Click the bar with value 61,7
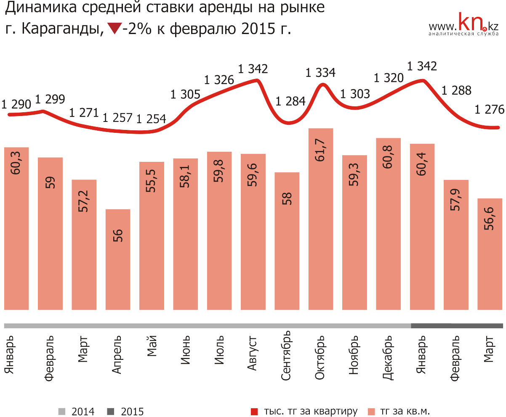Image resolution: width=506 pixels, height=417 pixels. (321, 219)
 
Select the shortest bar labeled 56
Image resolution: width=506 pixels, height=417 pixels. (118, 259)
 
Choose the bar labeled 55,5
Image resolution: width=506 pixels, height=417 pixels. (152, 235)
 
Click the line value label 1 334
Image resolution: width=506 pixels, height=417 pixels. (321, 73)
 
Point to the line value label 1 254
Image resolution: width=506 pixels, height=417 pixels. (152, 119)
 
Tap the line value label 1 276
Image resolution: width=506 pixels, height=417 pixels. (489, 110)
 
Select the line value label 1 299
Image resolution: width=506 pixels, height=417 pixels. (50, 99)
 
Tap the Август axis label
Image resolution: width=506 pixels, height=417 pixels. (252, 353)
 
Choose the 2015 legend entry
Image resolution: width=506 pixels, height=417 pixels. (125, 412)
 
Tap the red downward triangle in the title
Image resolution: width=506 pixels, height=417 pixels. (114, 29)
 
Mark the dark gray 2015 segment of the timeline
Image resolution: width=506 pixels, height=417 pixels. (457, 325)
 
